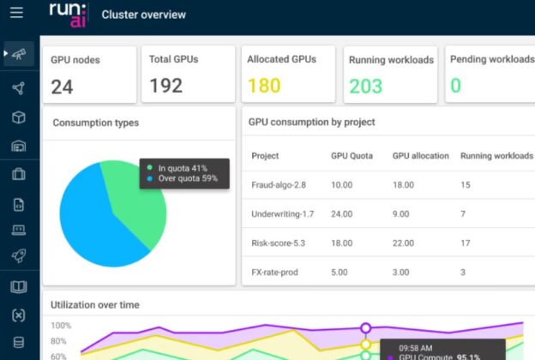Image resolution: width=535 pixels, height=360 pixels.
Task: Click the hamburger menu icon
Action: pyautogui.click(x=16, y=13)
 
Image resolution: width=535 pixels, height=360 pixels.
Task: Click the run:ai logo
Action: pyautogui.click(x=66, y=15)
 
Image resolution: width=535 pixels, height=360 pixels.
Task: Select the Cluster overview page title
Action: pyautogui.click(x=143, y=15)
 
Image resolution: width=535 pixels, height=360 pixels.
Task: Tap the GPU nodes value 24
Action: pyautogui.click(x=62, y=86)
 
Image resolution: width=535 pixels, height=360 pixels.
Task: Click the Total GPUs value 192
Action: pyautogui.click(x=166, y=86)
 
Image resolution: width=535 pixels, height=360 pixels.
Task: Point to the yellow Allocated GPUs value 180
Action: pyautogui.click(x=264, y=86)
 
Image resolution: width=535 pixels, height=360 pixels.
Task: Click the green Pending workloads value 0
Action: pyautogui.click(x=455, y=86)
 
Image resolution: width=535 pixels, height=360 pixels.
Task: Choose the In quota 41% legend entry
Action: pyautogui.click(x=181, y=168)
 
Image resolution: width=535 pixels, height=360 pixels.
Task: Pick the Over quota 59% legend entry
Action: pyautogui.click(x=183, y=178)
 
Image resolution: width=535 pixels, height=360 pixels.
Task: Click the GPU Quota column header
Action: pyautogui.click(x=351, y=156)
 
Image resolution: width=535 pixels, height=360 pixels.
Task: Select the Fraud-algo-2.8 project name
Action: pyautogui.click(x=278, y=184)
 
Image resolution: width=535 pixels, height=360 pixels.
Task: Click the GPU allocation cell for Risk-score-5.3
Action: pyautogui.click(x=406, y=243)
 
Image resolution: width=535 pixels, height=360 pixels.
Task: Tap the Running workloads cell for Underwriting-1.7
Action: pyautogui.click(x=464, y=213)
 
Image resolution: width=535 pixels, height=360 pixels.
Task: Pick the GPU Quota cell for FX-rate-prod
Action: pyautogui.click(x=340, y=272)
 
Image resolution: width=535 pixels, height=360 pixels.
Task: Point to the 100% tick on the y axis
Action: pyautogui.click(x=61, y=326)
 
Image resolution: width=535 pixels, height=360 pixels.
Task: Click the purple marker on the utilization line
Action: pyautogui.click(x=365, y=327)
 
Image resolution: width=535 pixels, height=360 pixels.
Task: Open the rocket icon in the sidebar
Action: pyautogui.click(x=18, y=255)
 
